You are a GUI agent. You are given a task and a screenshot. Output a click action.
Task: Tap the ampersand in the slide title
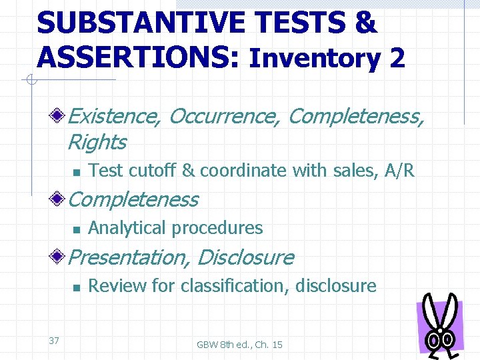[365, 23]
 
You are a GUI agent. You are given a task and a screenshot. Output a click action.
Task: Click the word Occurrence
[225, 117]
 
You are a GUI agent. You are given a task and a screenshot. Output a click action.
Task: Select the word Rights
[97, 142]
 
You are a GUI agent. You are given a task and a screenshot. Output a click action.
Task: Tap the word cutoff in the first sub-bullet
[153, 171]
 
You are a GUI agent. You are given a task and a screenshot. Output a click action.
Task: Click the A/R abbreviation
[400, 171]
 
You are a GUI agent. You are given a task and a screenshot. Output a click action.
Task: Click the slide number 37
[54, 341]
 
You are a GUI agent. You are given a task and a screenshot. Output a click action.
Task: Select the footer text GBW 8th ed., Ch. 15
[239, 345]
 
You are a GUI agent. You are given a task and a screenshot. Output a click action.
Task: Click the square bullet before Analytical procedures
[76, 229]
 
